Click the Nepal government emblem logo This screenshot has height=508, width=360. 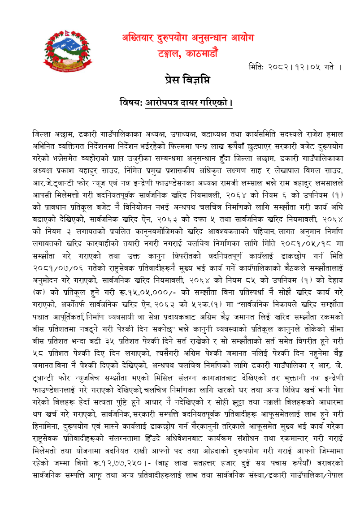(x=65, y=51)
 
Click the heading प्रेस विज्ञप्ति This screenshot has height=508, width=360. (x=187, y=81)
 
